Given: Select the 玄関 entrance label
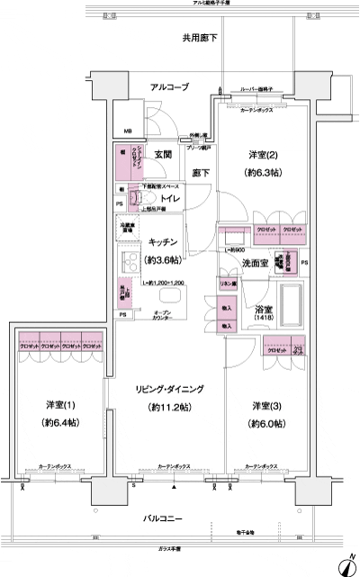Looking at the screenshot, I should click(162, 154).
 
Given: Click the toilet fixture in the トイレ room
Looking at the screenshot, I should click(139, 195).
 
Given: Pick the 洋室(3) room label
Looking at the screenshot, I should click(268, 404).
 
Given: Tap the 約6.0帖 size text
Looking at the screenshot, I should click(268, 422).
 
